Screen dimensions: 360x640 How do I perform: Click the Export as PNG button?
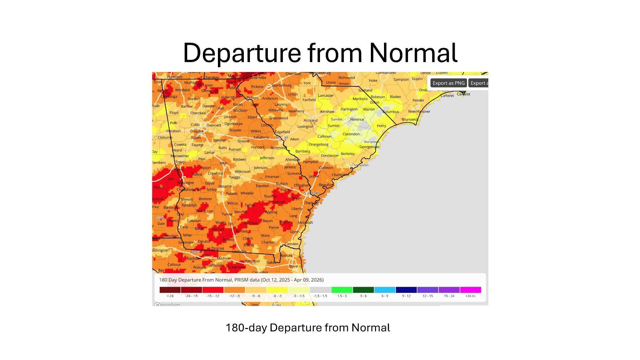point(448,83)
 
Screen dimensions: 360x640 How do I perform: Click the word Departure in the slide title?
point(242,53)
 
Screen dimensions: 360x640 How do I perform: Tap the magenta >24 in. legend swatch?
point(470,290)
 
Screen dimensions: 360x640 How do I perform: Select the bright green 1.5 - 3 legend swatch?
point(342,290)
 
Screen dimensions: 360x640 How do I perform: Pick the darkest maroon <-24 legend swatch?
point(170,290)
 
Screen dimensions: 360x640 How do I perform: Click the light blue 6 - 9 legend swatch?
point(385,290)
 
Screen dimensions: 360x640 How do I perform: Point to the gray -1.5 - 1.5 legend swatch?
point(320,290)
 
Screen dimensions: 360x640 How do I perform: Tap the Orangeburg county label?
point(318,145)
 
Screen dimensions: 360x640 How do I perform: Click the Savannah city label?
point(311,193)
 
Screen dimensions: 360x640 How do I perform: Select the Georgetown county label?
point(369,147)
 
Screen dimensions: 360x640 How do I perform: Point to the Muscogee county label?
point(186,183)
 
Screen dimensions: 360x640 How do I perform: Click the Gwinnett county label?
point(214,125)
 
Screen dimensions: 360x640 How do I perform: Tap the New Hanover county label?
point(419,112)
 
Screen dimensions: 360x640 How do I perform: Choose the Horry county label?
point(381,126)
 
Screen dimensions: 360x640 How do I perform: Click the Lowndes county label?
point(239,252)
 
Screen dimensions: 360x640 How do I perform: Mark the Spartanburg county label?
point(282,85)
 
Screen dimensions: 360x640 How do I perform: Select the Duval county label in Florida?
point(293,266)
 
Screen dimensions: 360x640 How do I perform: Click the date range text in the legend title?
point(292,280)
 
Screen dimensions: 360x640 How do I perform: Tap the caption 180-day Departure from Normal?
point(308,328)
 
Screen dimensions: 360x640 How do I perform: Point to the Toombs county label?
point(270,196)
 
